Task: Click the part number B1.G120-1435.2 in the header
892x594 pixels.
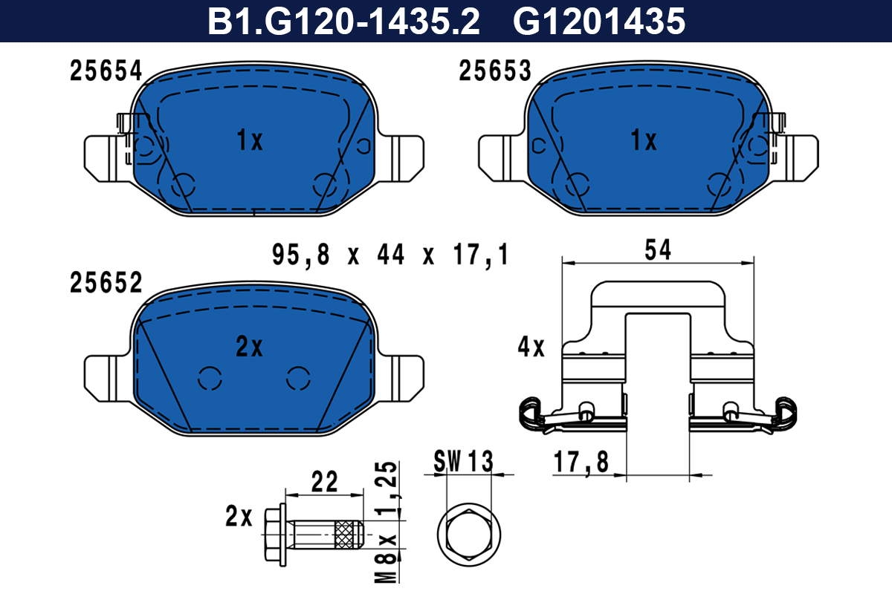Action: click(x=343, y=21)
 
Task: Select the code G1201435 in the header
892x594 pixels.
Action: click(x=599, y=21)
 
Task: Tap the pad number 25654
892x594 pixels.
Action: click(x=106, y=71)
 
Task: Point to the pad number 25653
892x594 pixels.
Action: click(x=495, y=71)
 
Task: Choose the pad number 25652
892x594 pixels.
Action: click(x=106, y=283)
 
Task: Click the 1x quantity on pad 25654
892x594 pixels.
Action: click(x=250, y=140)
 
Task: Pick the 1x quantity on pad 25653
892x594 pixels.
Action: click(x=644, y=140)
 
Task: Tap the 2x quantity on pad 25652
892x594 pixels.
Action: click(x=249, y=347)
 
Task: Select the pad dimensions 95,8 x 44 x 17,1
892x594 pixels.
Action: click(x=390, y=255)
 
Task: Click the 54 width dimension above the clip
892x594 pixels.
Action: click(x=658, y=250)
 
